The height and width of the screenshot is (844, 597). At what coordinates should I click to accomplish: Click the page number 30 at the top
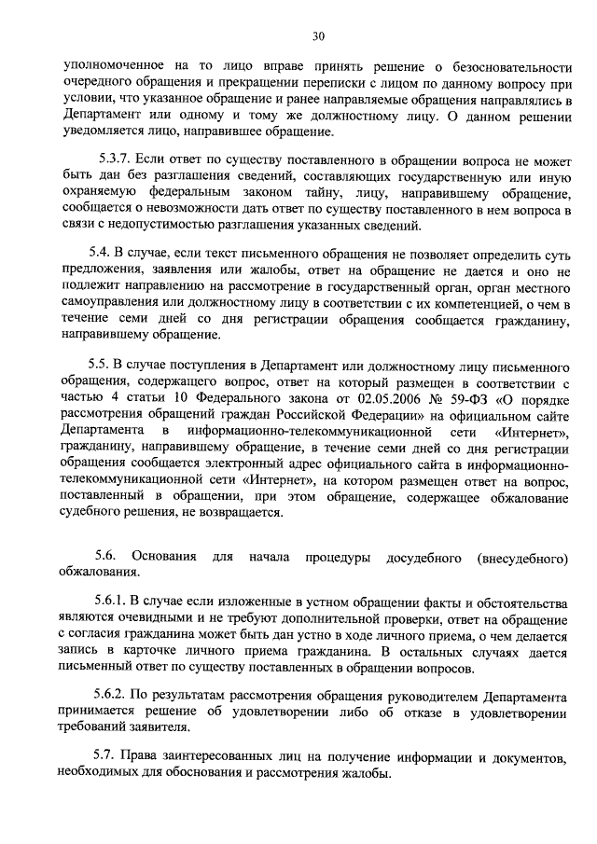pos(318,36)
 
